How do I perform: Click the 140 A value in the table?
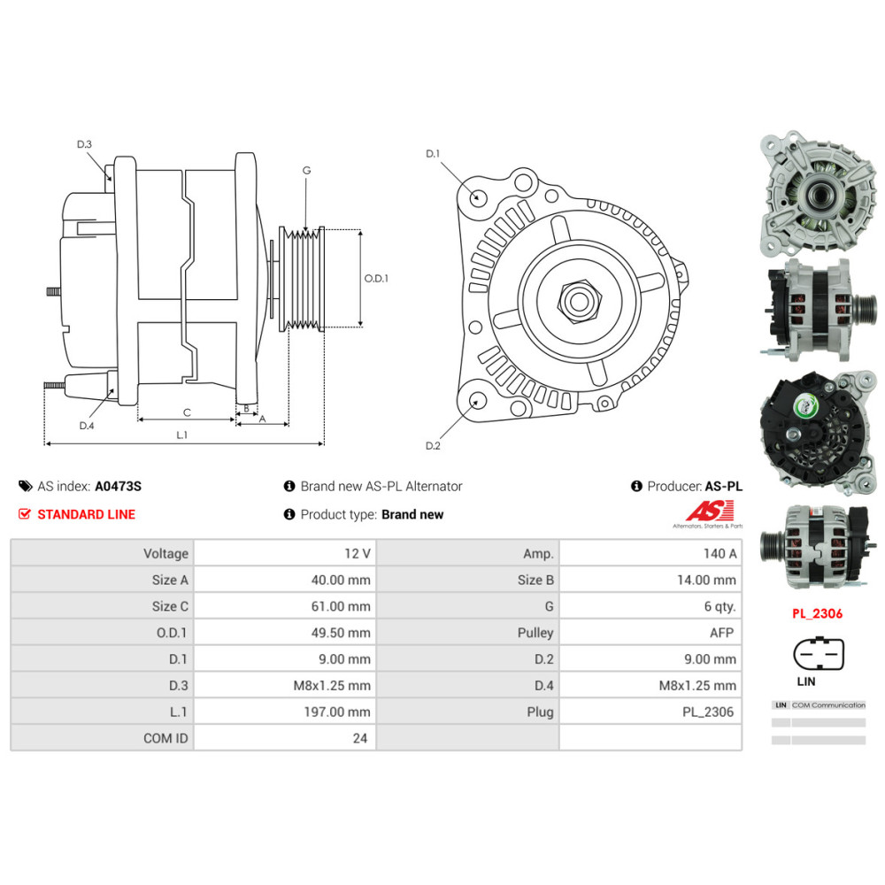coord(720,554)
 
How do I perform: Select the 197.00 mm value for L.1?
coord(337,712)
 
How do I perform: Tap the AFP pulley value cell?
coord(722,633)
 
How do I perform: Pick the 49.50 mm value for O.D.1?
coord(341,633)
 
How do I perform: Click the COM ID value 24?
coord(360,738)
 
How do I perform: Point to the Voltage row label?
coord(165,554)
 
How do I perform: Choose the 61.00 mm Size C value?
coord(341,607)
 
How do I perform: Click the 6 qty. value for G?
coord(720,607)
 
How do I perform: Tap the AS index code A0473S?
coord(118,487)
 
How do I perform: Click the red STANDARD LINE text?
coord(87,515)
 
